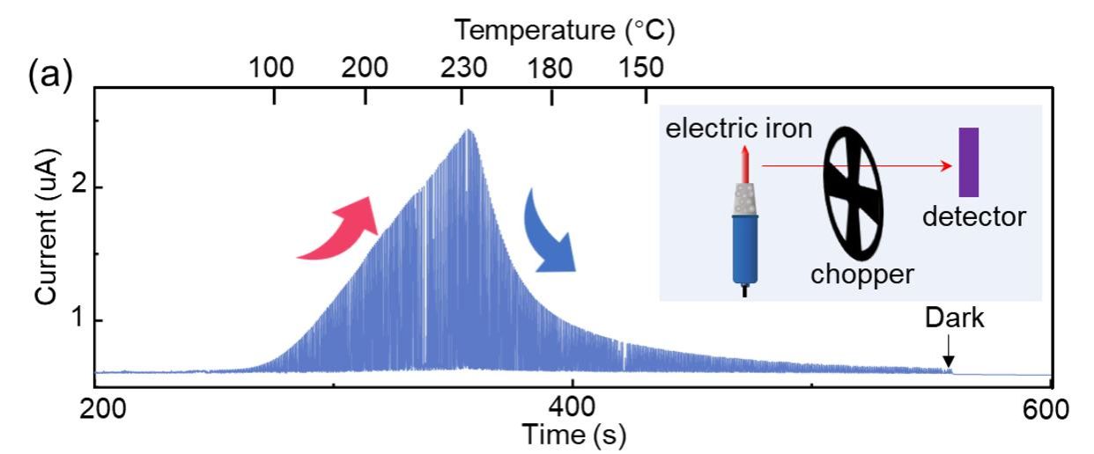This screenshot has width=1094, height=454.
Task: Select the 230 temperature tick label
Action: tap(462, 67)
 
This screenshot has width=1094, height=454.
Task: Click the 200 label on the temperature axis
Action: tap(366, 67)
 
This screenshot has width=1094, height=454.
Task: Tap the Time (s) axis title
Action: tap(574, 434)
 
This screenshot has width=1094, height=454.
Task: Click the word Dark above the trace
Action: tap(954, 319)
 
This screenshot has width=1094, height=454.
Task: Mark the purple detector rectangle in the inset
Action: tap(969, 162)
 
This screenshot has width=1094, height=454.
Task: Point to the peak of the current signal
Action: tap(469, 130)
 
